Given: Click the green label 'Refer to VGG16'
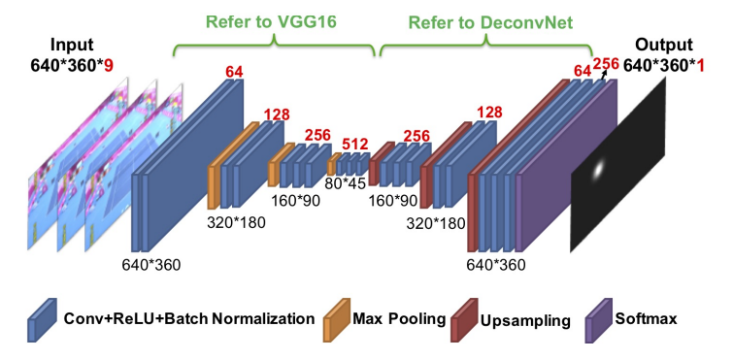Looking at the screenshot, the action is (271, 22).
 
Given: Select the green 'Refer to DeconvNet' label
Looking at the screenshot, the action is (491, 22).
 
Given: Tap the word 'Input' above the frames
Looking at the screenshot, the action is (72, 46).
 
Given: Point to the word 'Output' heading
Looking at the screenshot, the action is (663, 46).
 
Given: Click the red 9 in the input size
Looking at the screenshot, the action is (109, 66).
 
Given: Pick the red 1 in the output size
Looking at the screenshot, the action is (700, 66).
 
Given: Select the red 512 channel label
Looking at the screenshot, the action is (355, 144).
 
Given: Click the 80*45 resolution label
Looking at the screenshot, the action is (345, 184).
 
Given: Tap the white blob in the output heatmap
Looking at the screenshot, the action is (598, 171).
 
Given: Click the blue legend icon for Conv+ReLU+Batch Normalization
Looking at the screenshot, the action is (42, 320).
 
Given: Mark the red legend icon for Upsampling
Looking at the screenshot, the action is (465, 320).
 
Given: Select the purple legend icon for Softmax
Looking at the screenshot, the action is (598, 320).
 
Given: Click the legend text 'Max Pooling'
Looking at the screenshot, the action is (399, 319).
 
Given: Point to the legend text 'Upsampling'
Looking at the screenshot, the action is (525, 321).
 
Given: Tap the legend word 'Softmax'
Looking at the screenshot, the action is (646, 319).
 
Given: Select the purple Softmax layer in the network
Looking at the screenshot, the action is (566, 166).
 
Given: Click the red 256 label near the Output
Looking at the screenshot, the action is (606, 63).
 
